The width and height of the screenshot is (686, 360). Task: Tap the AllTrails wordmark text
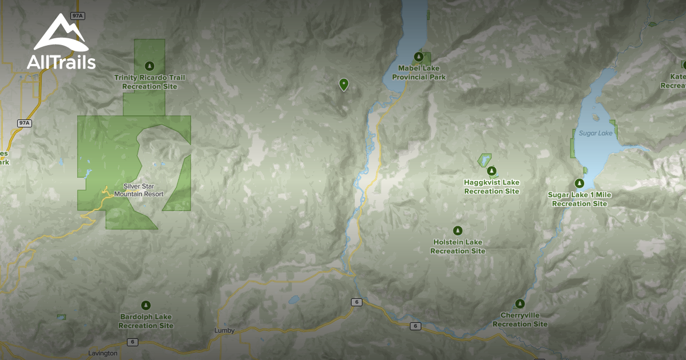coord(61,62)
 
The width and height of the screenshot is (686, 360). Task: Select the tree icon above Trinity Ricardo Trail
coord(150,65)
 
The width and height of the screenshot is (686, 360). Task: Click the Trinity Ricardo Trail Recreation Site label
coord(150,82)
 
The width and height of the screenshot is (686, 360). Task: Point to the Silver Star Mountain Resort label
coord(139,190)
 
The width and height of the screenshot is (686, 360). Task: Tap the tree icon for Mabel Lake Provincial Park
coord(419,57)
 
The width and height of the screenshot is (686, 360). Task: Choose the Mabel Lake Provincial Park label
coord(419,73)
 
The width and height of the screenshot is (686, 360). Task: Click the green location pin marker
coord(343,84)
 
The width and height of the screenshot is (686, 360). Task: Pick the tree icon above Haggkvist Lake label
coord(491,170)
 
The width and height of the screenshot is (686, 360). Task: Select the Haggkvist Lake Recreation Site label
coord(492,187)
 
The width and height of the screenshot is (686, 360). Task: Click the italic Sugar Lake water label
coord(595,133)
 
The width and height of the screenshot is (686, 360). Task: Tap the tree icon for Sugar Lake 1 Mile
coord(579,183)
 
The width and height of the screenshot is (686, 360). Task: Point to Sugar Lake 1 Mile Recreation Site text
coord(579,199)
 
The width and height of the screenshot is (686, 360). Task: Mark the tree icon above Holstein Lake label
coord(457,230)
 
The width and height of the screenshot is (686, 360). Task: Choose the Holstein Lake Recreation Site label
coord(457,247)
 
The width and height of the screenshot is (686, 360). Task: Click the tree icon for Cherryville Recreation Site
coord(520,303)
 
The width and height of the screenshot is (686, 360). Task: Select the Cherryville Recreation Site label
coord(520,320)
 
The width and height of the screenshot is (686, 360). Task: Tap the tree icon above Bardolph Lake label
coord(146,305)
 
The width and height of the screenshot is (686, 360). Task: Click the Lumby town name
coord(224,331)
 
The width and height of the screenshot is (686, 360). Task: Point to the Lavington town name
coord(103,353)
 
